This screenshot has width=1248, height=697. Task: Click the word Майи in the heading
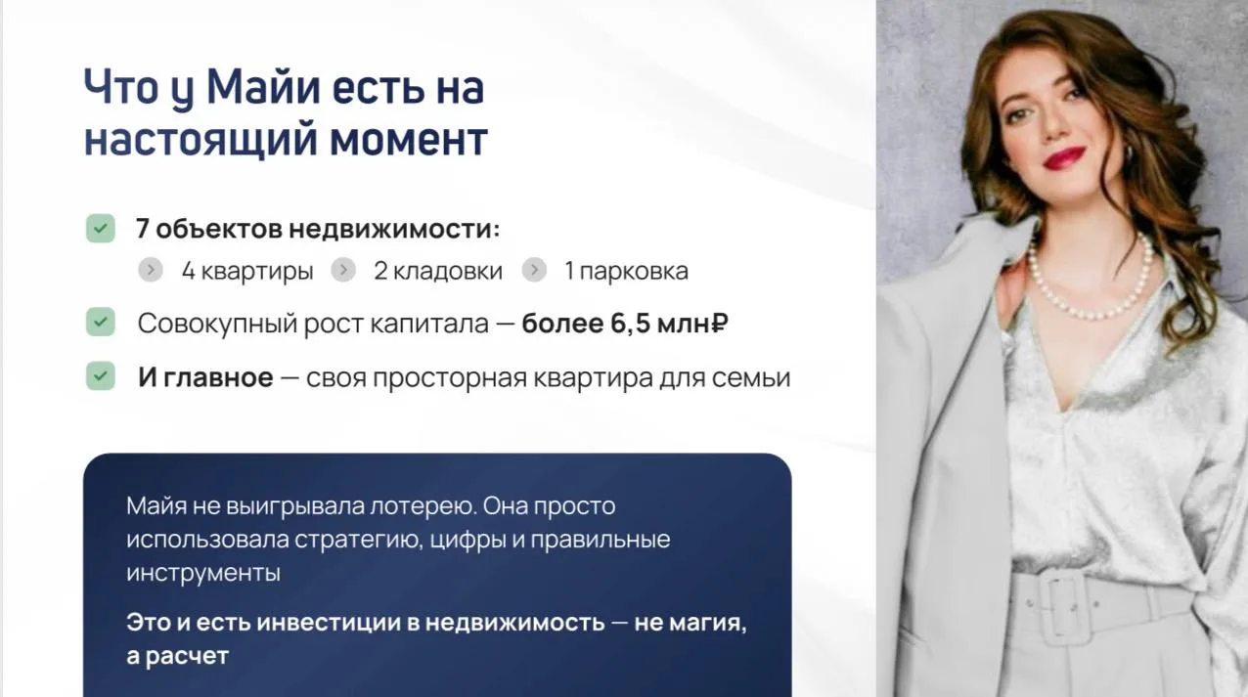point(262,87)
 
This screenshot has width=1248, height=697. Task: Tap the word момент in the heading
point(409,139)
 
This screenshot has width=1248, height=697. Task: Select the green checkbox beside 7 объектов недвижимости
point(101,228)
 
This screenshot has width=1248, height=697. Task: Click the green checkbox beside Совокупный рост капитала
point(101,322)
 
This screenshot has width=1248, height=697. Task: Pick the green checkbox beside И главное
point(101,375)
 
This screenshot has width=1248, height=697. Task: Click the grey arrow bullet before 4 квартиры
point(151,270)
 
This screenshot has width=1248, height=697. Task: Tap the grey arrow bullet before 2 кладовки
point(343,270)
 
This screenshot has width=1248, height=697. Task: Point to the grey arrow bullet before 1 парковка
point(534,270)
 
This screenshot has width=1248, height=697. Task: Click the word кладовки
point(448,271)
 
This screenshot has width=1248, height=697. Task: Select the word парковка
point(634,272)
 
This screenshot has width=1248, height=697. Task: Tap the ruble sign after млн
point(719,323)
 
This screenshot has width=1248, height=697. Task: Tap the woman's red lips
point(1064,157)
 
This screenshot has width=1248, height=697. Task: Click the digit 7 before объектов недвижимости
point(142,229)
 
